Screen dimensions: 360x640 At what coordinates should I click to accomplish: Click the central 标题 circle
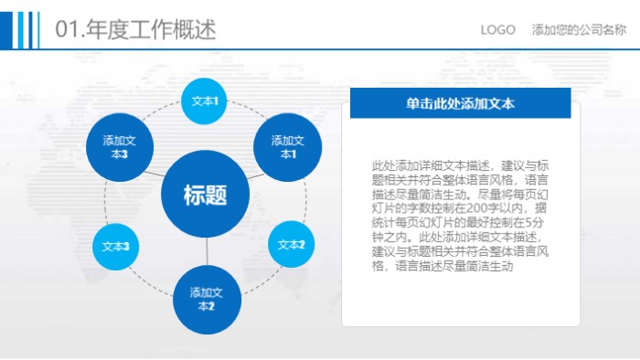[x=206, y=195]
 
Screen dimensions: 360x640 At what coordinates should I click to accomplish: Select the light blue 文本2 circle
[x=292, y=245]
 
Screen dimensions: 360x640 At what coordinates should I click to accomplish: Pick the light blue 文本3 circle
[x=115, y=247]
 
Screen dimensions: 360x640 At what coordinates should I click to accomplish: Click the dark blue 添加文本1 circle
[x=288, y=147]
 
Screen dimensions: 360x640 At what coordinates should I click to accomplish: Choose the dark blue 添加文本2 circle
[x=207, y=299]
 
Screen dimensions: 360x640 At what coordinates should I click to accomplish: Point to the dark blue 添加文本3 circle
[x=120, y=147]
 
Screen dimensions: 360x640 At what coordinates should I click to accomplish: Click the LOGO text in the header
[x=498, y=30]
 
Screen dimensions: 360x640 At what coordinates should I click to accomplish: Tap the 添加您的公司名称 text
[x=579, y=30]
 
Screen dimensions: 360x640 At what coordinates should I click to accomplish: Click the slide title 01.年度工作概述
[x=136, y=30]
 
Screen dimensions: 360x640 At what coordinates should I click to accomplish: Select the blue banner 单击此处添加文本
[x=460, y=103]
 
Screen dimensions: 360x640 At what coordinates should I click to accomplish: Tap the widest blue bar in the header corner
[x=5, y=28]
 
